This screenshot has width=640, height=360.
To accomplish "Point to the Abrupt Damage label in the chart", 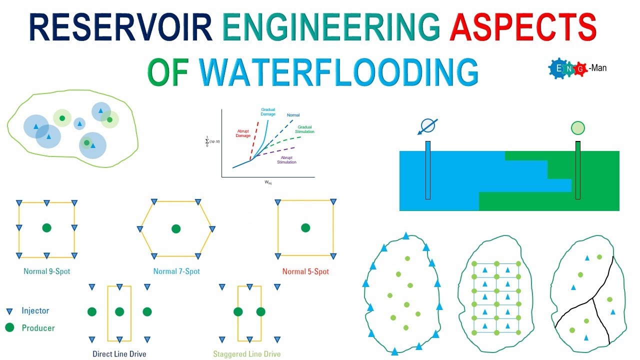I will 243,133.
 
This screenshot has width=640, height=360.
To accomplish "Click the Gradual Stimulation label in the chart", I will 305,129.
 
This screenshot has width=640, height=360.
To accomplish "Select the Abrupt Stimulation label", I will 286,159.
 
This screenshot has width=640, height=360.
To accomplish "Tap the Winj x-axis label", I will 268,183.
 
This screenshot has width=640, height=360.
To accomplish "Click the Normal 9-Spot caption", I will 46,271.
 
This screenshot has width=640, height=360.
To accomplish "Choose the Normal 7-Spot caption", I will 176,271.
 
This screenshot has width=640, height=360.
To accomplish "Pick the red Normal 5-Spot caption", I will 305,271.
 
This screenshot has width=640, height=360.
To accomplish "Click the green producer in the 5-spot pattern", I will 305,228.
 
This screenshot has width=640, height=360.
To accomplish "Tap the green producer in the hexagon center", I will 176,228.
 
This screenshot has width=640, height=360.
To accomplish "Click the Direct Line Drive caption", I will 119,354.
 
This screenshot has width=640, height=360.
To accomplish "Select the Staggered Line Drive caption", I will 247,354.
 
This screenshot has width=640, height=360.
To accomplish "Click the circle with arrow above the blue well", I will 428,125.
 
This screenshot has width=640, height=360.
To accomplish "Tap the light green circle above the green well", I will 577,128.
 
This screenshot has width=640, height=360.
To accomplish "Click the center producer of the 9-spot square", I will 46,228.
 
